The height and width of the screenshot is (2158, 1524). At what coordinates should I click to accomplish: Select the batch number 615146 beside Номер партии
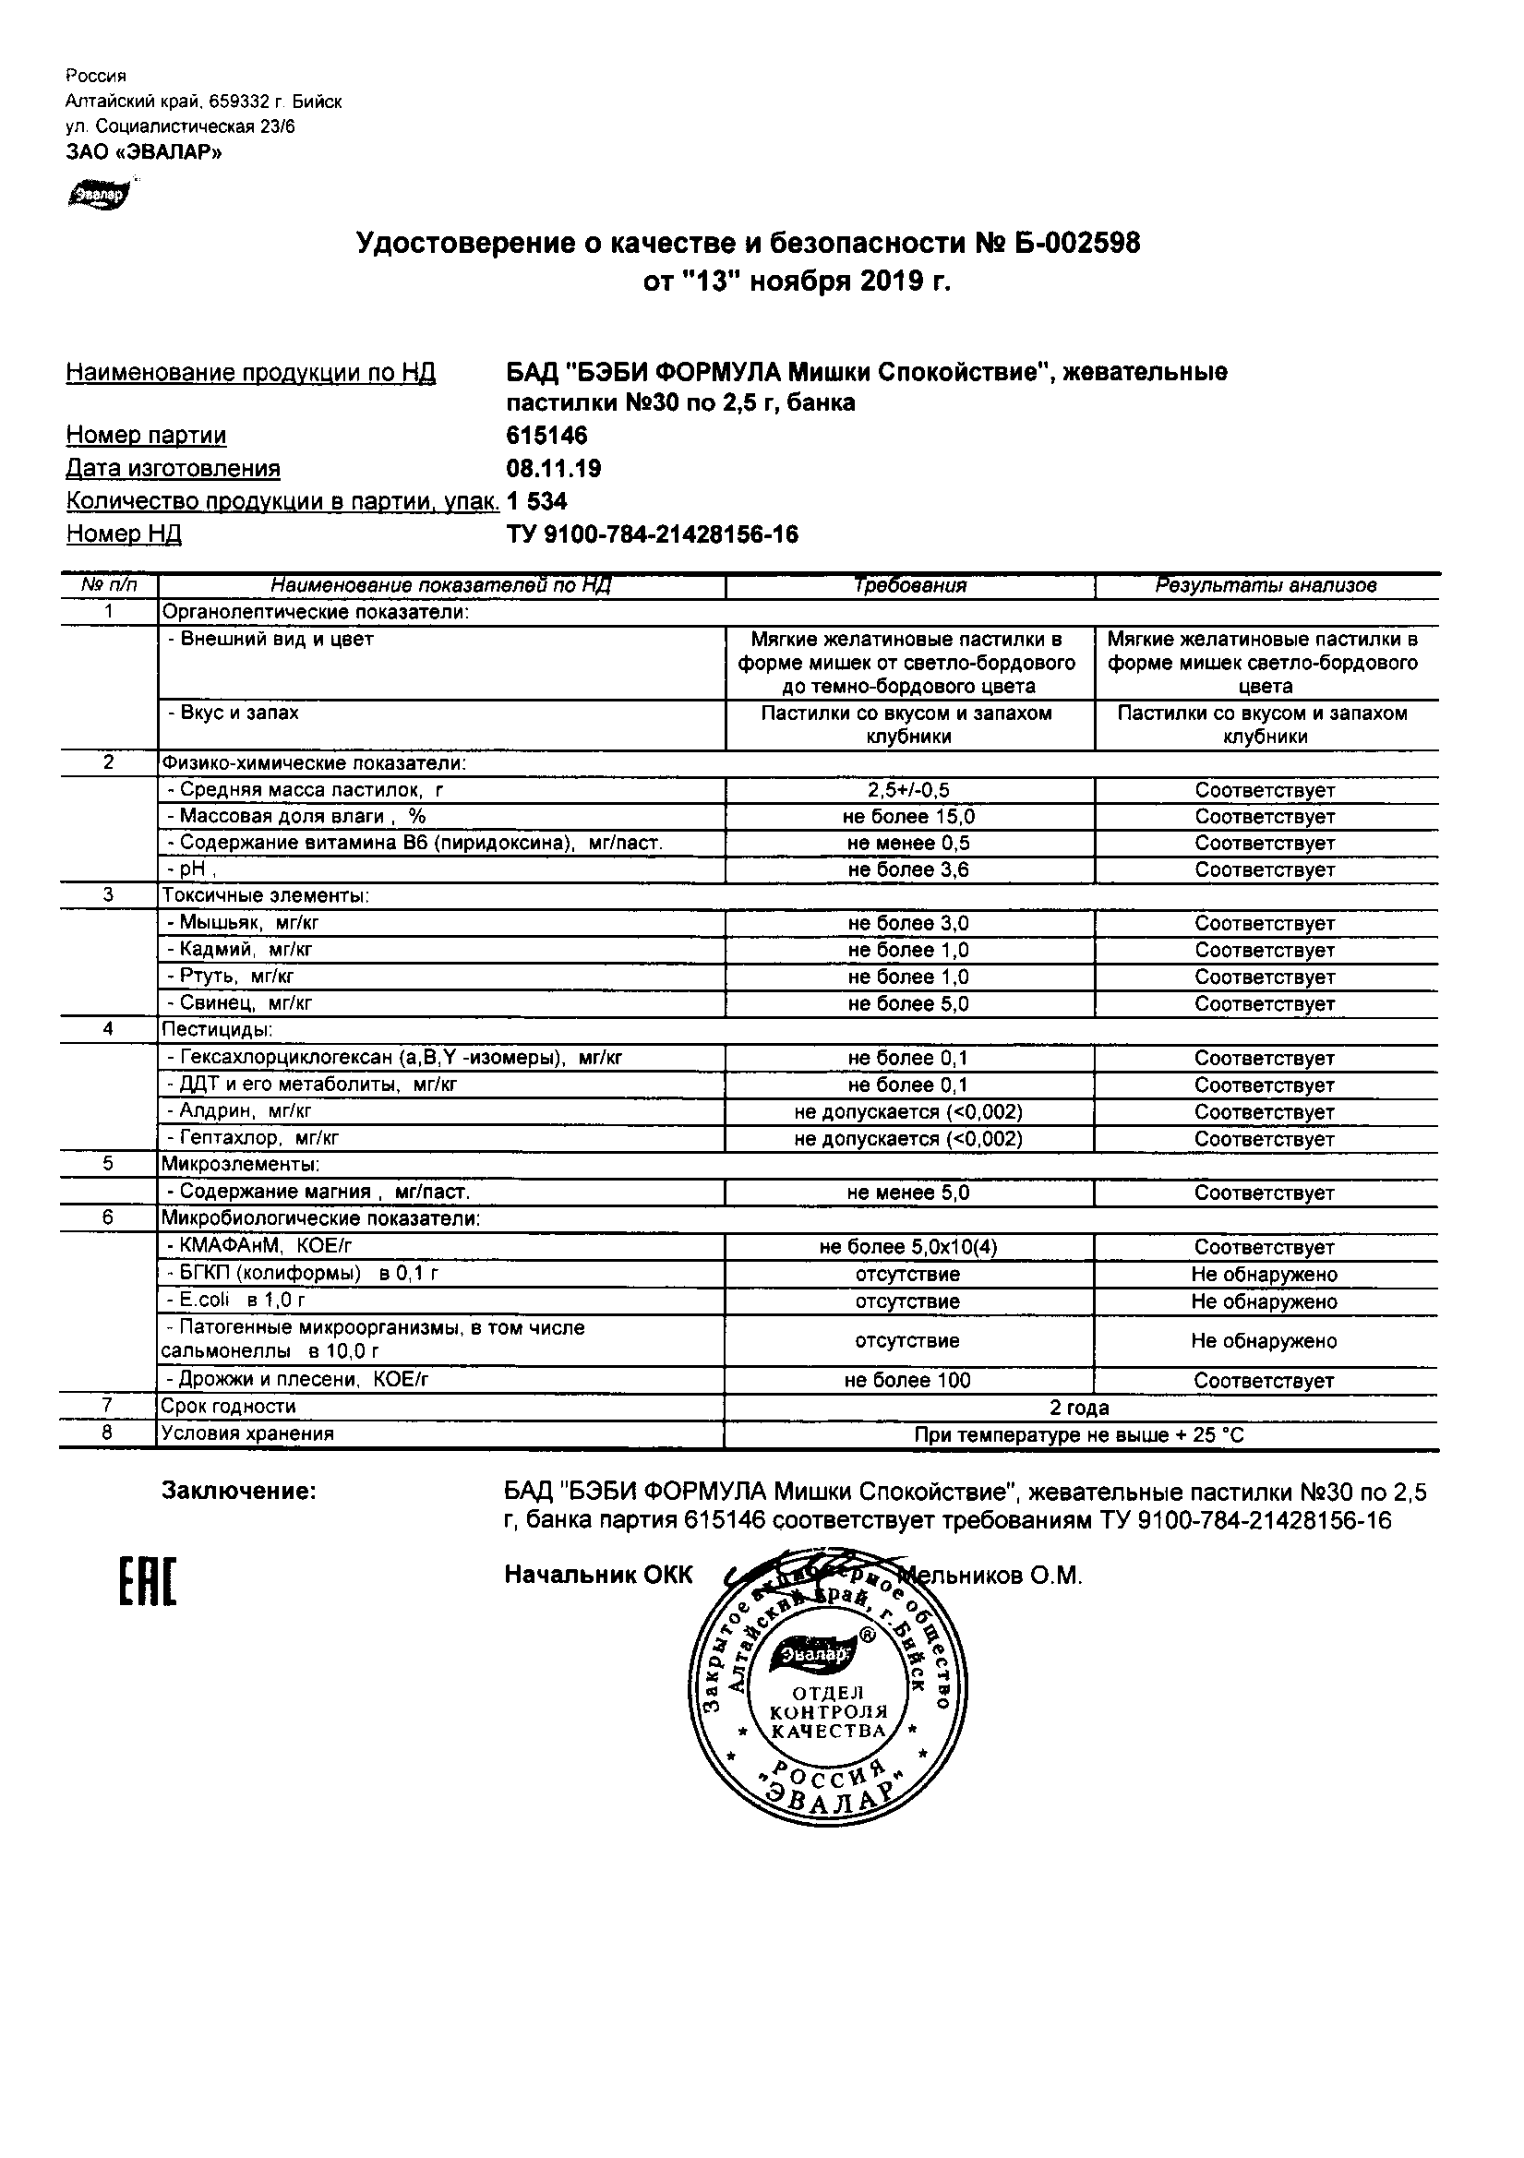546,435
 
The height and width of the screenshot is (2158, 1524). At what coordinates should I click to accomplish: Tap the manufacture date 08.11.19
554,468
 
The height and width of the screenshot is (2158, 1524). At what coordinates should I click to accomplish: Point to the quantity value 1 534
537,501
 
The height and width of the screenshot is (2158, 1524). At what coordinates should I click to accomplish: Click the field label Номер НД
123,534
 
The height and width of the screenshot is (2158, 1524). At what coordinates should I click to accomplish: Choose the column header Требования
909,585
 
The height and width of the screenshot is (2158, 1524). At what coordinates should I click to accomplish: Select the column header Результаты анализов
1266,585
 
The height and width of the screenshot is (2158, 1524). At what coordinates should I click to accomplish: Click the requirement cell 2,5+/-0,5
909,790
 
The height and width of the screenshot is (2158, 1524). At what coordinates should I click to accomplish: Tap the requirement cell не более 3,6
909,870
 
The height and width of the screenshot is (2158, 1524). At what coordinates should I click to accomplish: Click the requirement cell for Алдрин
909,1112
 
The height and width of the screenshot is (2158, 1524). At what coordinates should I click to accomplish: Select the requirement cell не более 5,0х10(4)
909,1247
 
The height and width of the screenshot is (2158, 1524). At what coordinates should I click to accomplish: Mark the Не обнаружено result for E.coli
1265,1301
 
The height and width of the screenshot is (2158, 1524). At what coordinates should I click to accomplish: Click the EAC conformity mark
148,1583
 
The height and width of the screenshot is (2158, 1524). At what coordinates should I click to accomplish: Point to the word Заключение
239,1491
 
